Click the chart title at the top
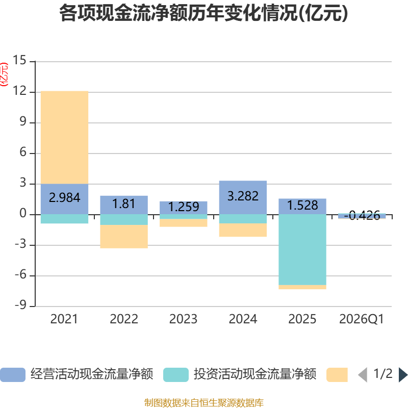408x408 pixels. pos(203,13)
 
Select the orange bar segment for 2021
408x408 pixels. pos(65,138)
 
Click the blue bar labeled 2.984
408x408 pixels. pos(65,199)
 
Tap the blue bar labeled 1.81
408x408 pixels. pos(124,205)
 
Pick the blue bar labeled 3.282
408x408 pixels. pos(243,197)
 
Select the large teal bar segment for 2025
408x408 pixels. pos(302,250)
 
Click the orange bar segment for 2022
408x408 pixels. pos(124,237)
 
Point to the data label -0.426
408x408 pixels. pos(362,215)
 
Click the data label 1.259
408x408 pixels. pos(184,207)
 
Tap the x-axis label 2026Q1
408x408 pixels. pos(362,319)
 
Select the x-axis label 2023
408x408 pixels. pos(184,319)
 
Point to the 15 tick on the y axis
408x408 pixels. pos(19,60)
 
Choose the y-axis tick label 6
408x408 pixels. pos(23,152)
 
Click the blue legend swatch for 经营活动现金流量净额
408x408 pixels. pos(13,375)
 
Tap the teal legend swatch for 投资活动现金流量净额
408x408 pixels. pos(176,375)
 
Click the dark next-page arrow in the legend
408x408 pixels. pos(403,375)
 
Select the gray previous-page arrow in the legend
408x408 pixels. pos(363,375)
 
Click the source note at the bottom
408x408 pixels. pos(203,402)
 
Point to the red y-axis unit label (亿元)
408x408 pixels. pos(4,74)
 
